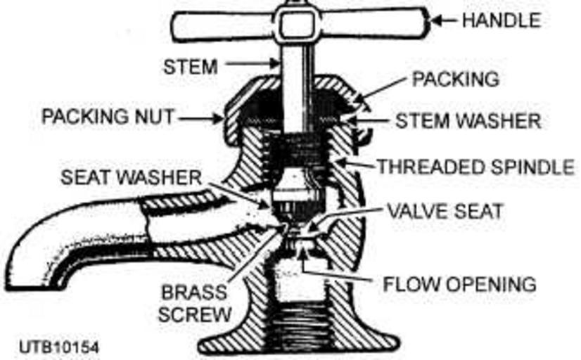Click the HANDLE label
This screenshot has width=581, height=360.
[501, 20]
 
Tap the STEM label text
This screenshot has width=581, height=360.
[189, 66]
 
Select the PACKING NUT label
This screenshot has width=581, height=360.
[108, 116]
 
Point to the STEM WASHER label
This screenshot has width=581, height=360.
[468, 120]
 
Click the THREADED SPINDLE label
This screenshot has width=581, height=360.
[475, 167]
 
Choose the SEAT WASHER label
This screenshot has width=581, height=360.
[132, 178]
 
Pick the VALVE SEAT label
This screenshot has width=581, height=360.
[442, 210]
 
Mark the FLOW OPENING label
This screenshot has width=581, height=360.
[459, 284]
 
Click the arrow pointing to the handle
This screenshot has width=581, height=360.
[442, 21]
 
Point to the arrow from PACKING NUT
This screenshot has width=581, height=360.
[200, 118]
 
